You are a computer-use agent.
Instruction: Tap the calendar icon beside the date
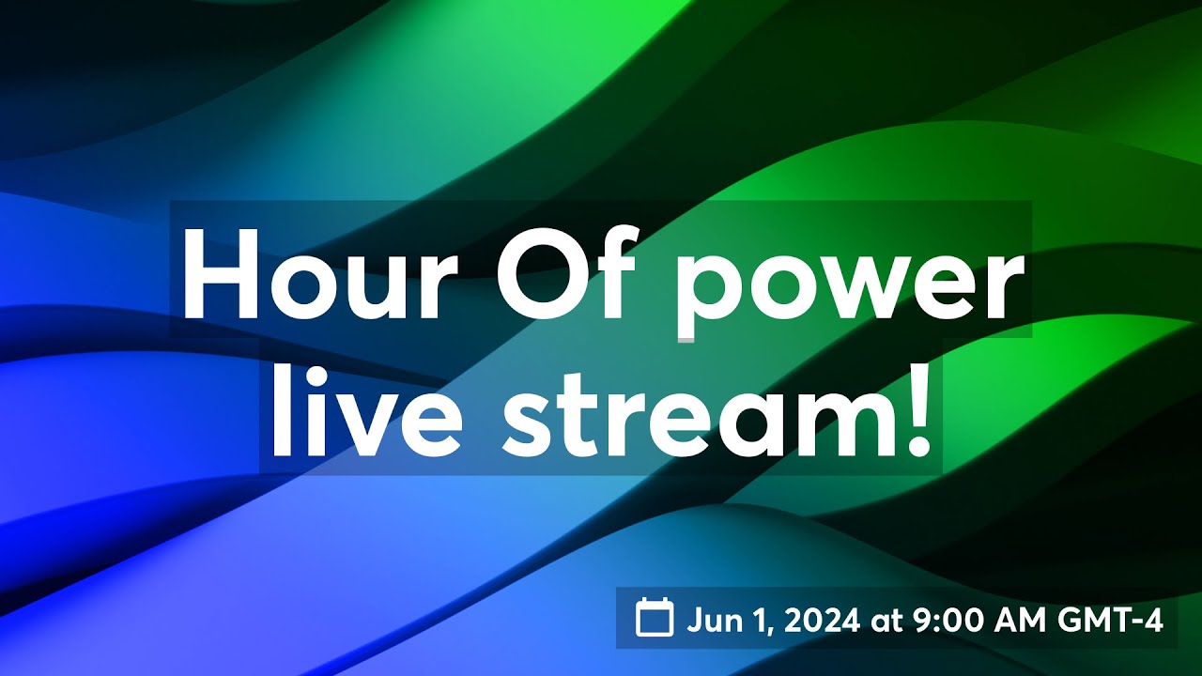[x=655, y=618]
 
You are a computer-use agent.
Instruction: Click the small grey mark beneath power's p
[x=686, y=338]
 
